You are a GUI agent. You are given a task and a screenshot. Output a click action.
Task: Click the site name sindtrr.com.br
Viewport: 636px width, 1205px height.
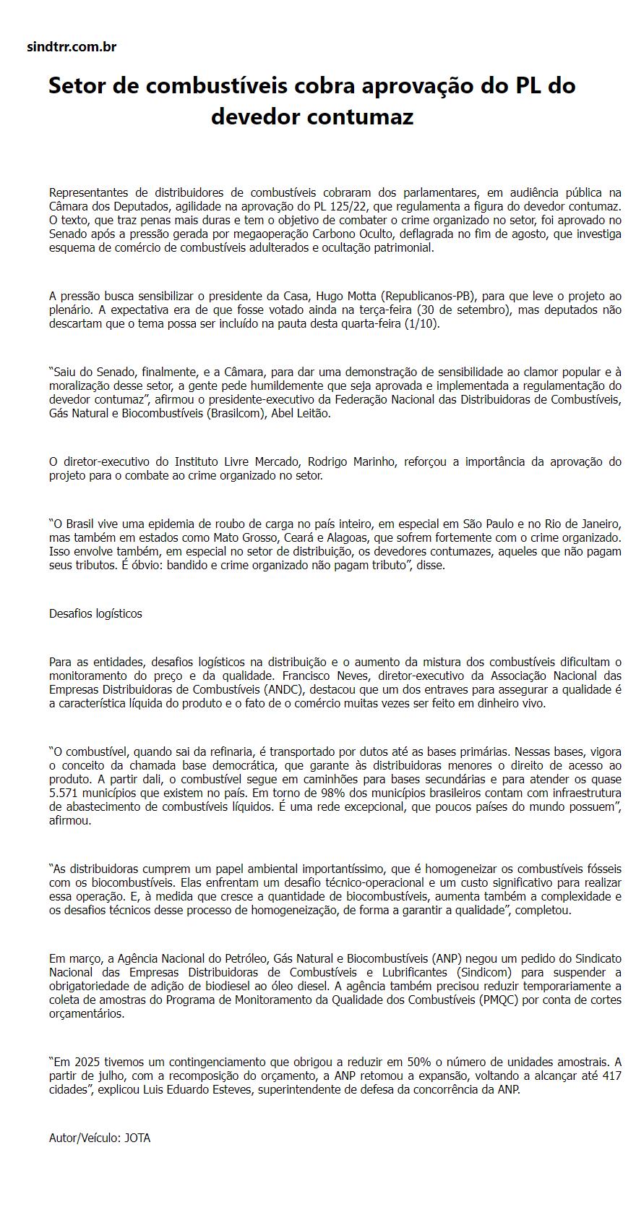[71, 47]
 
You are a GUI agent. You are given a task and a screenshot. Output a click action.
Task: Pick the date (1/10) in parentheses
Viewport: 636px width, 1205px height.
[421, 323]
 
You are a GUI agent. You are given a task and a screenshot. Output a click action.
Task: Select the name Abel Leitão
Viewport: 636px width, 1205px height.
[300, 413]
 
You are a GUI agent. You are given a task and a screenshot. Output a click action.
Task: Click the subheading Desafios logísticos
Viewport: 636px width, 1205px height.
[95, 613]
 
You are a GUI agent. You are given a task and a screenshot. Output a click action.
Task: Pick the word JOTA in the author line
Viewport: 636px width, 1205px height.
[137, 1138]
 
